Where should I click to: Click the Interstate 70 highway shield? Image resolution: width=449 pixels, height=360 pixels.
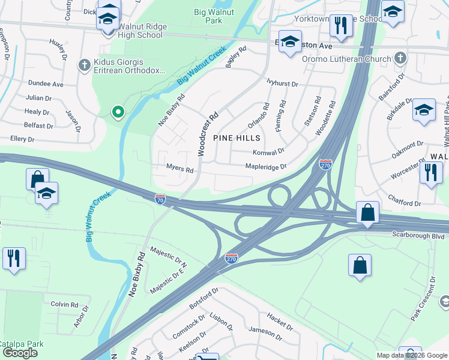[x=160, y=198]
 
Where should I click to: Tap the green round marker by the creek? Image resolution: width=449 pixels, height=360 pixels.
[x=118, y=111]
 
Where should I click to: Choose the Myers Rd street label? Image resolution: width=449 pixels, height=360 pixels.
[x=179, y=170]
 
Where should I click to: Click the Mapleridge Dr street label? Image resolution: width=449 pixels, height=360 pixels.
[x=266, y=167]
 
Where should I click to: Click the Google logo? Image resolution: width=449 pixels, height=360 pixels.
[x=20, y=353]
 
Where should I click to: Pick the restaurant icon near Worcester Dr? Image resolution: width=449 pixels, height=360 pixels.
[x=430, y=172]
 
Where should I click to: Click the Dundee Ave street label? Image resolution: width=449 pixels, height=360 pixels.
[x=44, y=85]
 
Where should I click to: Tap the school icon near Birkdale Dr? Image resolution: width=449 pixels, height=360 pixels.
[x=424, y=110]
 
